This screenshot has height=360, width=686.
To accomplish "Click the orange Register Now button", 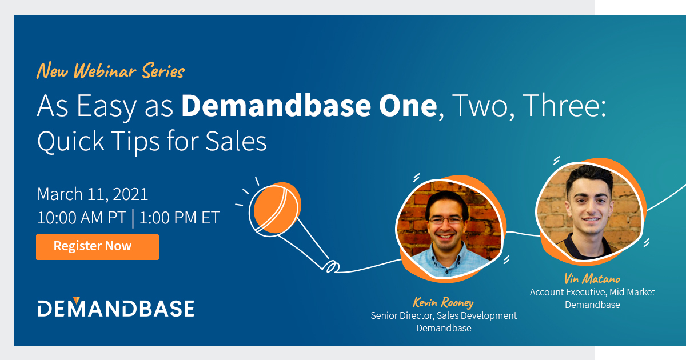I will [x=97, y=247].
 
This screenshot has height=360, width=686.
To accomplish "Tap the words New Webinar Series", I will [x=110, y=72].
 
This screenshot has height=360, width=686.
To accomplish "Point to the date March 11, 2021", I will [x=93, y=194].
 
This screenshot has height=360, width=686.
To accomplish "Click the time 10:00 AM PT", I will [x=82, y=218].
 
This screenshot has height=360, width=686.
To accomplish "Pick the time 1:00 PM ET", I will [x=180, y=218].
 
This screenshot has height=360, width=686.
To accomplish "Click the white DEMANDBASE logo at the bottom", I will [x=116, y=308].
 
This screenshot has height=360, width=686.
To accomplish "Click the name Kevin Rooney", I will [x=444, y=303].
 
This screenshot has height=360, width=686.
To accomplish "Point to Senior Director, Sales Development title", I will [x=444, y=315].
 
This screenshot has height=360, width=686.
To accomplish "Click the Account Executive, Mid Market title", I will [x=592, y=292].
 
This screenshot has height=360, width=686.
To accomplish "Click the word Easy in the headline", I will [x=103, y=107].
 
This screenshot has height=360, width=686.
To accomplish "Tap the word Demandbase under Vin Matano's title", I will [x=592, y=305].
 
